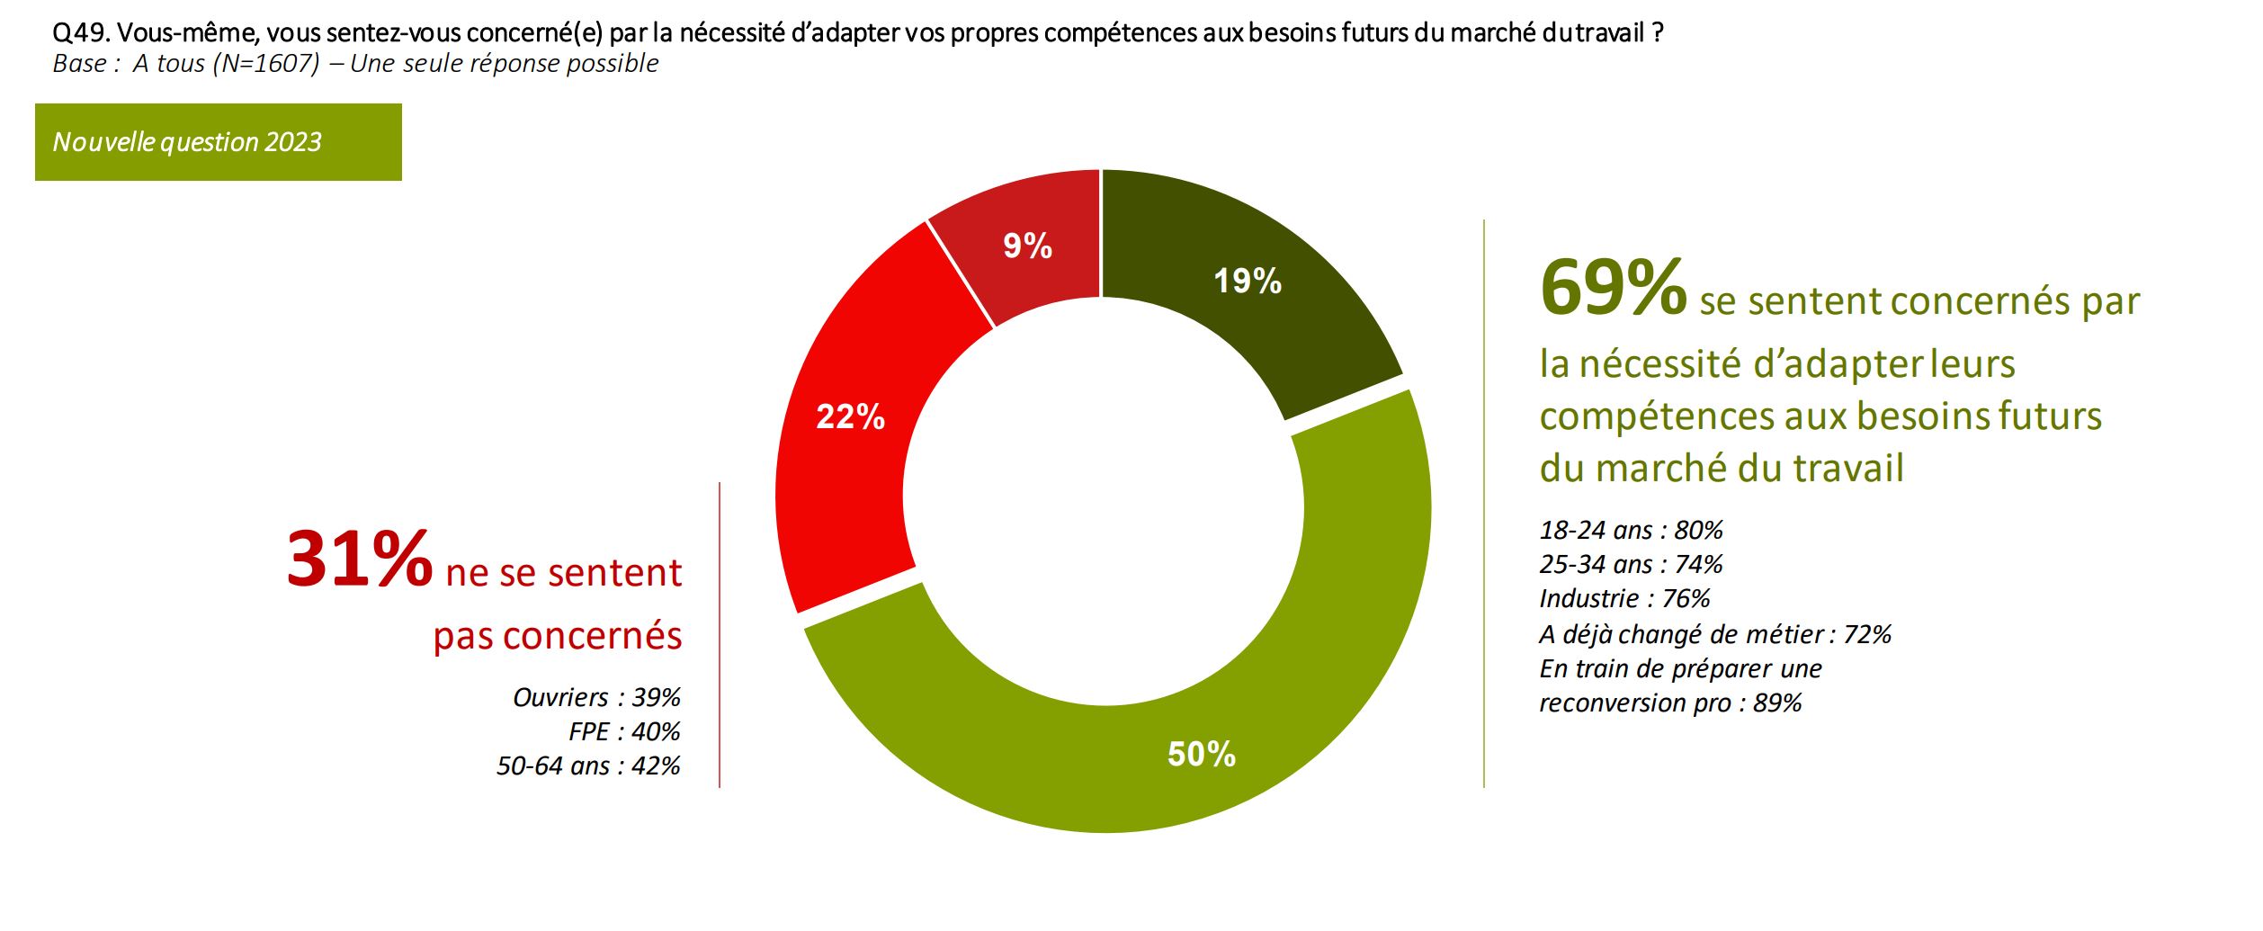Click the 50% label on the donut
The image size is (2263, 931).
[x=1201, y=754]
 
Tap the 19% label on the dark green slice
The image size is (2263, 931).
[x=1247, y=282]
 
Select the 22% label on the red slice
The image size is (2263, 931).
[x=850, y=416]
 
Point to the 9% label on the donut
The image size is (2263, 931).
[x=1027, y=246]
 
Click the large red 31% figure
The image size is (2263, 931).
[x=359, y=559]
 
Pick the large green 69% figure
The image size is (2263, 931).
[x=1613, y=288]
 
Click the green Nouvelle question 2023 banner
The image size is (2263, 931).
[x=218, y=142]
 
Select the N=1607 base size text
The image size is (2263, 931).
[x=266, y=64]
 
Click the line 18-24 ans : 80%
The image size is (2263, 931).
[x=1631, y=530]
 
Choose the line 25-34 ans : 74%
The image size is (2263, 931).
[x=1631, y=564]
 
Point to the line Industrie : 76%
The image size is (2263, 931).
[x=1624, y=598]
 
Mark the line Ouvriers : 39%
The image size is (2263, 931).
[x=596, y=697]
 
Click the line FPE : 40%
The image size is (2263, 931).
[x=624, y=731]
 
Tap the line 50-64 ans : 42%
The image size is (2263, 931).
[x=588, y=765]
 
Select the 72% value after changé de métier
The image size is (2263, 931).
[x=1867, y=634]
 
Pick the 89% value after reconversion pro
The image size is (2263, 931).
[x=1777, y=703]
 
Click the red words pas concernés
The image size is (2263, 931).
[x=558, y=635]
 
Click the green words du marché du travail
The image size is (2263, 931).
[x=1722, y=469]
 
